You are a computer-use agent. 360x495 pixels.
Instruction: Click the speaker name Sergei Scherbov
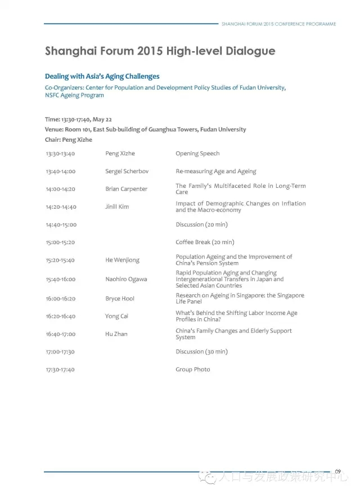point(127,171)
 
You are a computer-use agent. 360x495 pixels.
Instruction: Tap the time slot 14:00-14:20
point(61,189)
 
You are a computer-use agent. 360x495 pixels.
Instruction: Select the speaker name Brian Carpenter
point(126,189)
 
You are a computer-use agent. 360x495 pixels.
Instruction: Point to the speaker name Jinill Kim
point(117,206)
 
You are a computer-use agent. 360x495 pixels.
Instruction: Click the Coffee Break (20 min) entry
point(204,242)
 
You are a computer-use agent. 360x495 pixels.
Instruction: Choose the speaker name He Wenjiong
point(122,260)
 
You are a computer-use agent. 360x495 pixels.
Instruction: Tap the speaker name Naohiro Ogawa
point(126,279)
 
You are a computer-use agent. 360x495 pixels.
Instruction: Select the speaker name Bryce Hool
point(120,298)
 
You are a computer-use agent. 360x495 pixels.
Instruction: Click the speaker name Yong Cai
point(116,316)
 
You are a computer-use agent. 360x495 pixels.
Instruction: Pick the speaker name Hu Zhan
point(116,334)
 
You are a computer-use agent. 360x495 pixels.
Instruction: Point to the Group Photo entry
point(192,369)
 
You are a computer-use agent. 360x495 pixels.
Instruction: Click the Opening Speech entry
point(197,154)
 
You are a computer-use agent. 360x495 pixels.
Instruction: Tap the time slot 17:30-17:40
point(60,369)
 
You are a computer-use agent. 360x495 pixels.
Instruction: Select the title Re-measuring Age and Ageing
point(215,171)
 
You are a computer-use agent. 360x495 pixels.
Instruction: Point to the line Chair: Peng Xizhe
point(68,139)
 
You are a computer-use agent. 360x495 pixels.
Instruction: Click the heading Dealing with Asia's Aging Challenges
point(102,76)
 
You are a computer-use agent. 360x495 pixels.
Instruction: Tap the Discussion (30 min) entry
point(201,352)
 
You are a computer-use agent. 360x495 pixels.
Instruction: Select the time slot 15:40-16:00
point(61,279)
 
